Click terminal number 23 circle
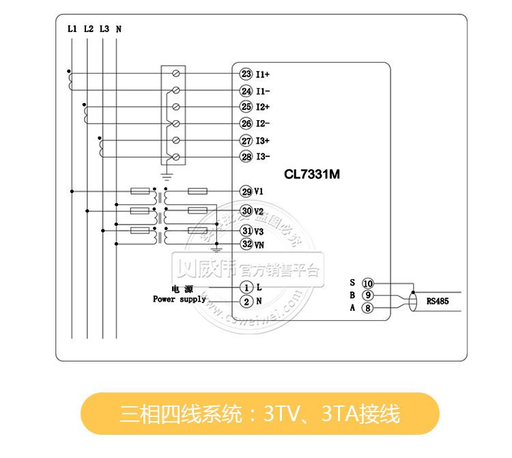pyautogui.click(x=246, y=74)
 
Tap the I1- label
pyautogui.click(x=264, y=91)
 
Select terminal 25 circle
pyautogui.click(x=246, y=107)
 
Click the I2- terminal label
pyautogui.click(x=264, y=124)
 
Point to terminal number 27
pyautogui.click(x=246, y=140)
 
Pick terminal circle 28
pyautogui.click(x=246, y=157)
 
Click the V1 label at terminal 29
pyautogui.click(x=259, y=192)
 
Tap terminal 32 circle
pyautogui.click(x=246, y=244)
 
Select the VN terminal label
pyautogui.click(x=259, y=244)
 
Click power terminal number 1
pyautogui.click(x=246, y=287)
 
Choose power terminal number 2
pyautogui.click(x=246, y=302)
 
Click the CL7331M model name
pyautogui.click(x=312, y=174)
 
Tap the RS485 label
pyautogui.click(x=438, y=300)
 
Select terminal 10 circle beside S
pyautogui.click(x=367, y=283)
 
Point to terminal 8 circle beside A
pyautogui.click(x=367, y=309)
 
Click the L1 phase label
pyautogui.click(x=72, y=29)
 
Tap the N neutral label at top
pyautogui.click(x=119, y=29)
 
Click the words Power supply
pyautogui.click(x=179, y=299)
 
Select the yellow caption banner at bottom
pyautogui.click(x=259, y=414)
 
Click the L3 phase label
pyautogui.click(x=104, y=29)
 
